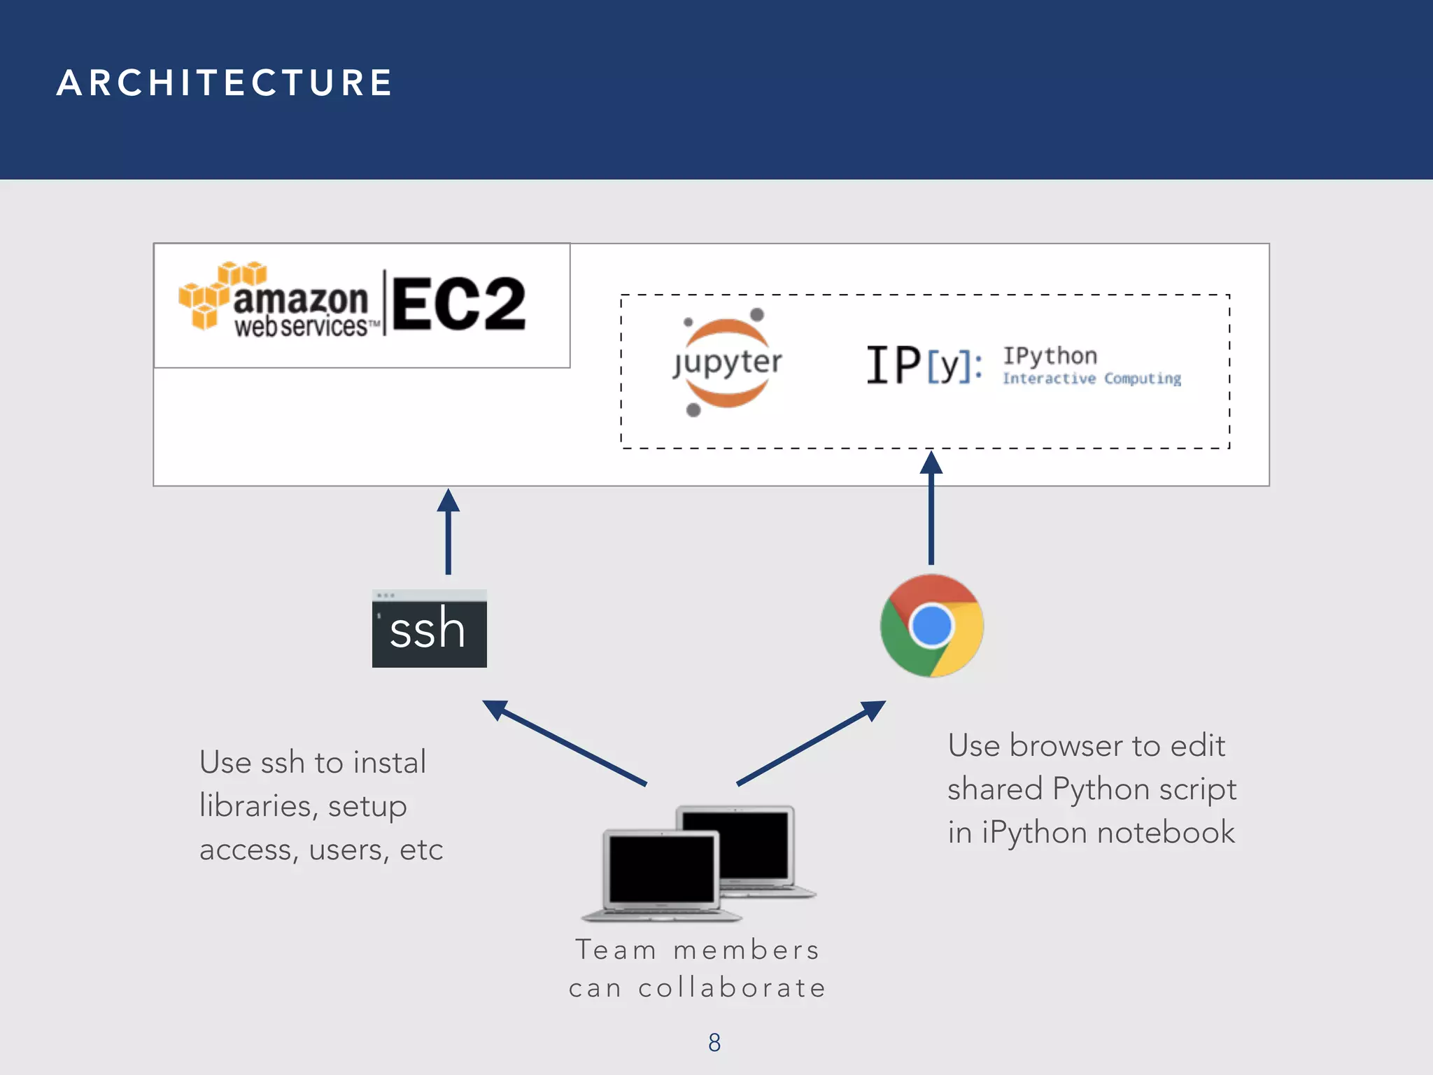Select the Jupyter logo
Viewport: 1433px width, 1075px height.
[x=727, y=363]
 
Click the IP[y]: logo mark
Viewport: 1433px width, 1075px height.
[x=924, y=365]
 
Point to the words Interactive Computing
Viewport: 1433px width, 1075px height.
[x=1092, y=379]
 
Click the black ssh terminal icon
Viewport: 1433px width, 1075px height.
[x=429, y=628]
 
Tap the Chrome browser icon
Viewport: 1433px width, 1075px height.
[x=931, y=626]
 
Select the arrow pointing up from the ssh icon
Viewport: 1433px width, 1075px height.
[x=449, y=532]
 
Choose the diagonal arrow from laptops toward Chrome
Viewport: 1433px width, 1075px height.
[x=812, y=743]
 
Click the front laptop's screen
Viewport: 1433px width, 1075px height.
[x=661, y=870]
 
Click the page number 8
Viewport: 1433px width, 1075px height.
[x=714, y=1043]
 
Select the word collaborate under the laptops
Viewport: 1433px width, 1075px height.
[x=732, y=988]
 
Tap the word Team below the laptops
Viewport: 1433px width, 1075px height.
[x=615, y=950]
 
